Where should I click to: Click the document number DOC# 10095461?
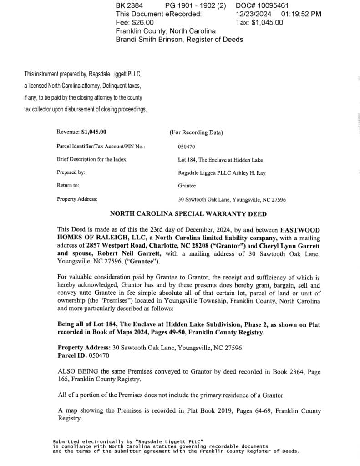[x=262, y=5]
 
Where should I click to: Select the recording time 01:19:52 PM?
[x=301, y=14]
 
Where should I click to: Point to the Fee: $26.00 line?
[x=135, y=22]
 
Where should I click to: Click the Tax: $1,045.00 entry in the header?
[x=259, y=22]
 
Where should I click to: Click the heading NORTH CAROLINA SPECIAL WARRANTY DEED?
[x=188, y=214]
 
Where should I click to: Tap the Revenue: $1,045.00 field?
[x=81, y=132]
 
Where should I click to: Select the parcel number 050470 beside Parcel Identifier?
[x=187, y=147]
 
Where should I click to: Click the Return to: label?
[x=68, y=186]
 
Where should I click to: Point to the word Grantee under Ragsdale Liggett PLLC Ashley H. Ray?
[x=187, y=186]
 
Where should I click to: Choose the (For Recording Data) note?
[x=196, y=132]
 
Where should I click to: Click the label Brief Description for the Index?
[x=92, y=160]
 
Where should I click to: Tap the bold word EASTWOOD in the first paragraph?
[x=300, y=229]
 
